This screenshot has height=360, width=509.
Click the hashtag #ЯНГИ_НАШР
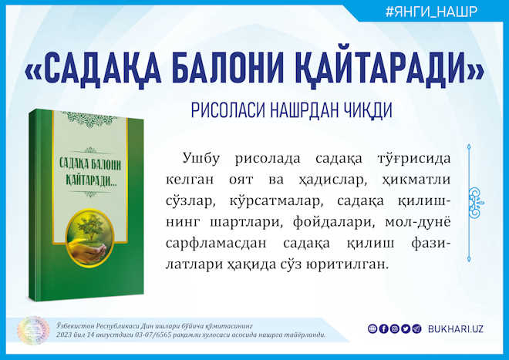[431, 12]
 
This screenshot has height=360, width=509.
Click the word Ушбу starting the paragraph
[201, 159]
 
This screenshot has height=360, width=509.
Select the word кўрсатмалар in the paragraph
[276, 201]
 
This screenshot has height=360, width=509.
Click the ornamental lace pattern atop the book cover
[90, 119]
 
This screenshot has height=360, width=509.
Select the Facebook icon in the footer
[383, 329]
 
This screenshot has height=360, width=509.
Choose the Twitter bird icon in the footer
[406, 329]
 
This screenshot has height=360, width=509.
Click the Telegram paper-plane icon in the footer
[416, 329]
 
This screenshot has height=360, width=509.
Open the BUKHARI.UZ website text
[456, 329]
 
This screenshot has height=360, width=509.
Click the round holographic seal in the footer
[33, 331]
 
